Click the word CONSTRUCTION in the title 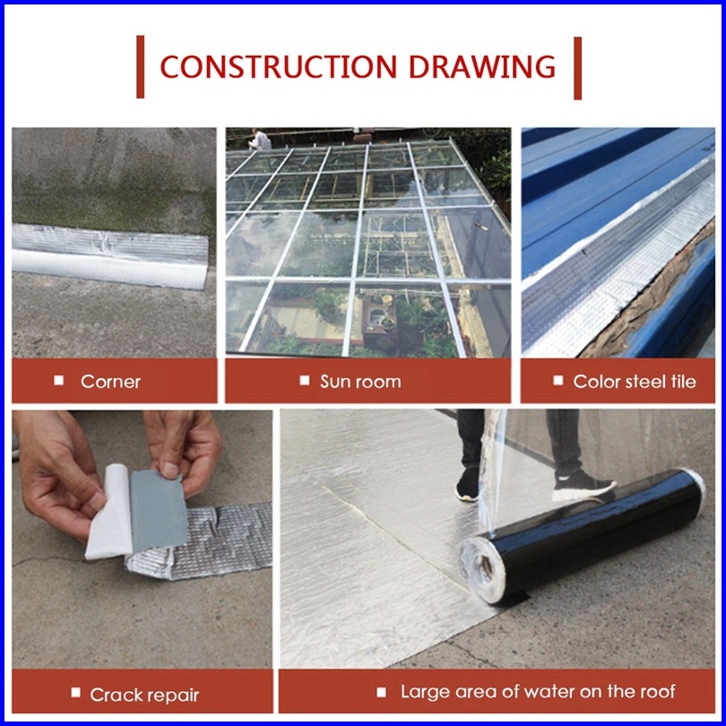click(x=278, y=66)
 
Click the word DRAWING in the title click(x=482, y=66)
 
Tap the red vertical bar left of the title click(x=141, y=66)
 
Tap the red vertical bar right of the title click(x=577, y=68)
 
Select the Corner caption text click(x=110, y=382)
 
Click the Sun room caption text click(x=360, y=382)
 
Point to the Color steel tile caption click(x=635, y=382)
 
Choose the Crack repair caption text click(x=144, y=695)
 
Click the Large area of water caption click(x=538, y=691)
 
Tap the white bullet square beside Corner click(x=59, y=380)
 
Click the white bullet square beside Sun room click(x=304, y=380)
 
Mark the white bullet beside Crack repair click(x=76, y=692)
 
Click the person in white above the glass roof click(x=260, y=139)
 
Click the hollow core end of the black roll click(x=483, y=568)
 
